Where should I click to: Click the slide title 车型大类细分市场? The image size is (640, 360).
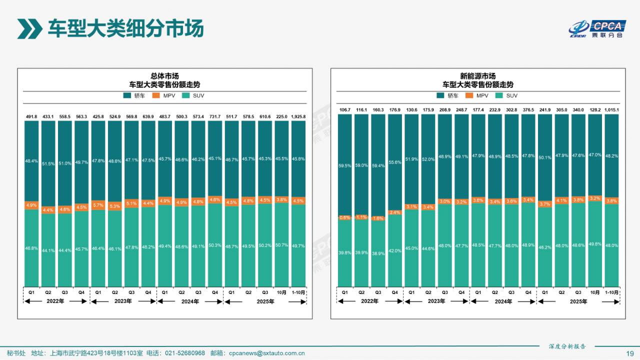coord(125,28)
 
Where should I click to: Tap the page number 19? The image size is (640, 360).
coord(630,353)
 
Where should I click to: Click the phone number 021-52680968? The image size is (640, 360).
coord(185,353)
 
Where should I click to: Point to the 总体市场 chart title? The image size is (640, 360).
coord(165,76)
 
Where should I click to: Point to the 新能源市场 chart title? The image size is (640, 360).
coord(478,76)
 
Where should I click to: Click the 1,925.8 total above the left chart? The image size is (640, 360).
coord(298,116)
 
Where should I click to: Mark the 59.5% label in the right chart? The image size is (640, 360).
coord(345,165)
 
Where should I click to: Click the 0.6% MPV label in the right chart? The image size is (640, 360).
coord(345,217)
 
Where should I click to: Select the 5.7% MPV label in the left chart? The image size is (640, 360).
coord(98,205)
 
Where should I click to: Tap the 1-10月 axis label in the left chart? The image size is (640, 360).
coord(298,292)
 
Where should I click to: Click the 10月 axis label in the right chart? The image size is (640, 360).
coord(595,292)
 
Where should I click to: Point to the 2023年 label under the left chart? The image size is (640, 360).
coord(123,301)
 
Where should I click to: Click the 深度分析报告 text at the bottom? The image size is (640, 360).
coord(567,346)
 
